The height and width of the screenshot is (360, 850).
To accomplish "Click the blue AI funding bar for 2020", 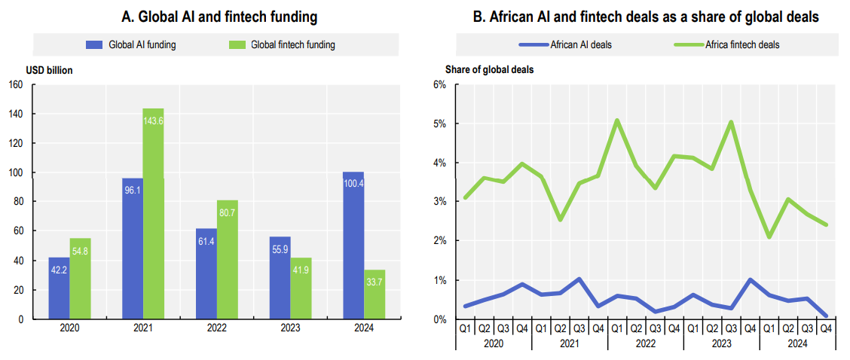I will (x=60, y=290).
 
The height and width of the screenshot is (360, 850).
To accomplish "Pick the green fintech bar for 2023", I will (x=301, y=290).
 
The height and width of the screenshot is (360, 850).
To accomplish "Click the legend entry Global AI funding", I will (x=132, y=44).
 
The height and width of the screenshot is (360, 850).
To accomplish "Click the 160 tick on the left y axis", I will (x=15, y=84).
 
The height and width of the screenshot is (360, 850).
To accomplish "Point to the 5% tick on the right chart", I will (x=440, y=124).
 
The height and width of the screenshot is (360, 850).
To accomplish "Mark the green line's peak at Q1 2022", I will (x=617, y=120).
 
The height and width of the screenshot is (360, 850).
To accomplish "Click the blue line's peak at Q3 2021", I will (x=579, y=279).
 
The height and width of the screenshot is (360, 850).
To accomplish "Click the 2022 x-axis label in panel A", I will (x=216, y=329).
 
